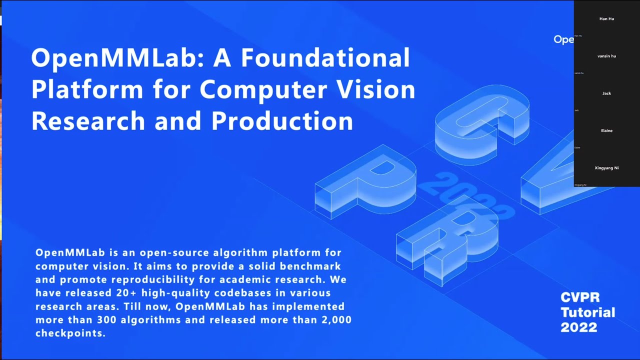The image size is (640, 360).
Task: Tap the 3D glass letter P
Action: coord(367,180)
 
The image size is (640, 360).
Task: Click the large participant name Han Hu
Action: coord(606,19)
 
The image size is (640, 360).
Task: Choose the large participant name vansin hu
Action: coord(606,56)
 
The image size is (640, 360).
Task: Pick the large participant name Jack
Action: coord(606,93)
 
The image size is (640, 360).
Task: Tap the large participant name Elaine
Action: coord(606,130)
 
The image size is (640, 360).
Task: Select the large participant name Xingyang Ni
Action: coord(606,168)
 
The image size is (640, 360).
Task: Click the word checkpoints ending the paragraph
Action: coord(70,333)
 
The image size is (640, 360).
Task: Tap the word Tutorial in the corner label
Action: coord(587,312)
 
